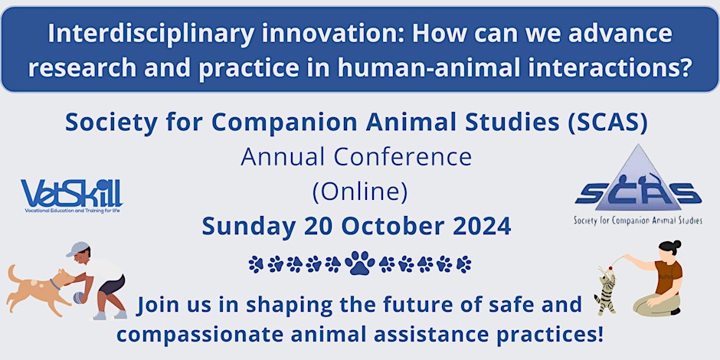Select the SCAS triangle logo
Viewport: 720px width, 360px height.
tap(638, 184)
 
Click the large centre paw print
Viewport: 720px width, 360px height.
tap(359, 263)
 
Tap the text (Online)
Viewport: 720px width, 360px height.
tap(359, 192)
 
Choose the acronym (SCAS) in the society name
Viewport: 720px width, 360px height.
tap(607, 123)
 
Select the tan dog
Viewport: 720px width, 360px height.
tap(39, 287)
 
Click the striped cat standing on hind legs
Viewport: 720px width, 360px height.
tap(606, 292)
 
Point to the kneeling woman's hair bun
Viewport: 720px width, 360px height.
tap(676, 244)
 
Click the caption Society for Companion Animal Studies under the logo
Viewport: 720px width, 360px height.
tap(638, 221)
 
